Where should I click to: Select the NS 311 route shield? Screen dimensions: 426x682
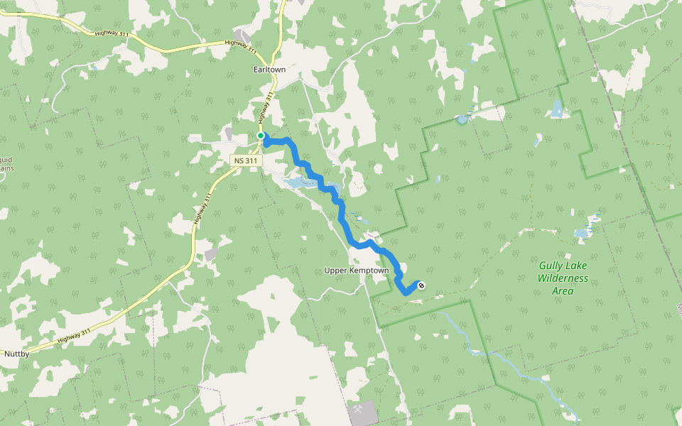pos(247,161)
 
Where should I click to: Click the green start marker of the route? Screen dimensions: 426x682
pos(261,136)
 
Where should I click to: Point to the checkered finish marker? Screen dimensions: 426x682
pos(421,285)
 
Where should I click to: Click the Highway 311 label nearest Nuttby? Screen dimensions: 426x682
pos(75,336)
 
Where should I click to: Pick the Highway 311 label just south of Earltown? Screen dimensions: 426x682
pos(266,106)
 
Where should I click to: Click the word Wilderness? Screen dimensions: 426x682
pos(563,278)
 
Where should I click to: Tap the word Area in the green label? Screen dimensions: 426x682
pos(563,291)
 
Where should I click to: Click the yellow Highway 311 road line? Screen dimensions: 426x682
pos(193,234)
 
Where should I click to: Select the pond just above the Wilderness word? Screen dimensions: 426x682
pos(582,233)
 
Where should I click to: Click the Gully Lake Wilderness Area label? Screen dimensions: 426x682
pos(563,278)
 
